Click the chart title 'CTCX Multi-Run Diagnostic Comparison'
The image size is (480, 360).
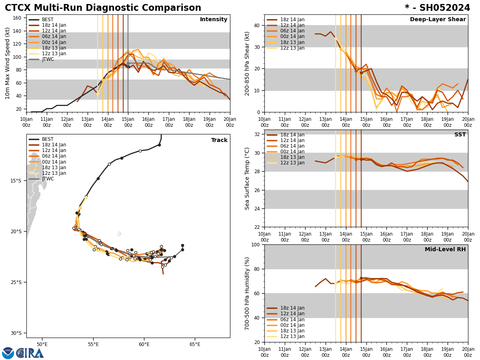(x=103, y=8)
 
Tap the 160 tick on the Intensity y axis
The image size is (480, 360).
(x=18, y=18)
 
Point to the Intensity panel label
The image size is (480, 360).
(x=213, y=20)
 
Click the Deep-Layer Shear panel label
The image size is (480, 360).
(x=438, y=20)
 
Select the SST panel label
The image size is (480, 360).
(x=460, y=135)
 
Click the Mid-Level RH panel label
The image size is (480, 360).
(x=445, y=250)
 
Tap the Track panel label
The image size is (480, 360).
(x=219, y=140)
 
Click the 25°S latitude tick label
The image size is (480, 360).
(x=16, y=282)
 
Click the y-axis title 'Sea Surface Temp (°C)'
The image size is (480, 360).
(x=248, y=178)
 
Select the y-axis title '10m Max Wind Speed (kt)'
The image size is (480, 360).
(x=8, y=63)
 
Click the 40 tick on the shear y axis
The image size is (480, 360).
(x=256, y=25)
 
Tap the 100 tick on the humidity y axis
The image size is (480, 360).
(x=255, y=245)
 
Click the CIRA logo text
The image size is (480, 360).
(x=30, y=353)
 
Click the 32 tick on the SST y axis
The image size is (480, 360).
(x=256, y=134)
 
